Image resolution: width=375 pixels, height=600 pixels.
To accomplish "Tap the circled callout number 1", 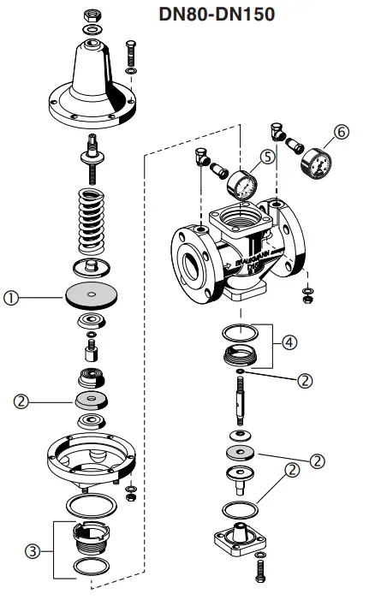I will [x=12, y=299].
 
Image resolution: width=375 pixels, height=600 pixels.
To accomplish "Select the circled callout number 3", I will [x=33, y=551].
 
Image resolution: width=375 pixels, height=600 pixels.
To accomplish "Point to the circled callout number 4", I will [x=290, y=342].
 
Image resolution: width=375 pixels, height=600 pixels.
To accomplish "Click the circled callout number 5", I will [x=267, y=157].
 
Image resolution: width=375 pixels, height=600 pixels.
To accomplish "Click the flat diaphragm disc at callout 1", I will [x=92, y=294].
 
